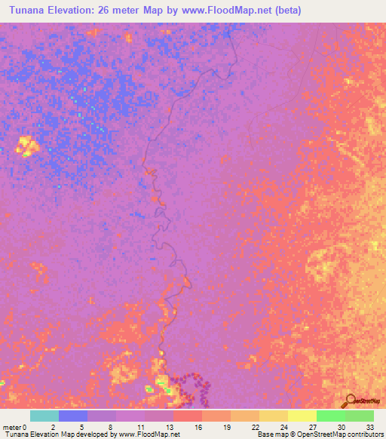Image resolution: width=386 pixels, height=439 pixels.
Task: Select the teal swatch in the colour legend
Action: point(44,416)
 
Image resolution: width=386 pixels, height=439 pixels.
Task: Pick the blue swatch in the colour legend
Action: point(73,416)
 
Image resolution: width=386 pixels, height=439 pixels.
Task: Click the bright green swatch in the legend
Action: point(331,416)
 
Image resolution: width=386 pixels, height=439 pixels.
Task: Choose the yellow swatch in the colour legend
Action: point(302,416)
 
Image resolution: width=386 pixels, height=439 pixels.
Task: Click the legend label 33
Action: point(369,426)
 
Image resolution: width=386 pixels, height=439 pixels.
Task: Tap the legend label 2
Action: point(52,426)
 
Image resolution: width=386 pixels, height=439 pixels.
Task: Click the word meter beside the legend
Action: point(11,426)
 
